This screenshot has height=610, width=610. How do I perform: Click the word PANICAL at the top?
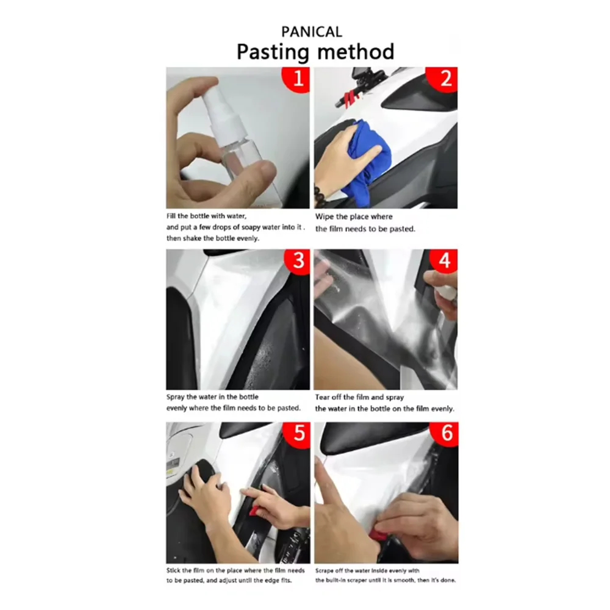312,32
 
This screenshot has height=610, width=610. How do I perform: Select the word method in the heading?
355,51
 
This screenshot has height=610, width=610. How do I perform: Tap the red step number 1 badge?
296,79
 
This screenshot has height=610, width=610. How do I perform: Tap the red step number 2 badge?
443,79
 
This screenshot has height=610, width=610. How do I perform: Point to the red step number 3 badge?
298,261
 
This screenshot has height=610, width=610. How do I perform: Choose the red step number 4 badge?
444,260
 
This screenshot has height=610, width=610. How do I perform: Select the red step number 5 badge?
298,433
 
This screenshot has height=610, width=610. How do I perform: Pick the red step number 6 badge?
445,433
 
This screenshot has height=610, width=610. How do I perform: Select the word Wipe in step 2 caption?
324,217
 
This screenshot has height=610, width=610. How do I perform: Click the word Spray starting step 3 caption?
175,397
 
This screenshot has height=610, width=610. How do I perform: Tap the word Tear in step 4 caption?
322,397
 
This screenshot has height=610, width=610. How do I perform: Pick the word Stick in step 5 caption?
173,570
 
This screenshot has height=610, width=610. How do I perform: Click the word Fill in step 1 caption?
171,216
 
